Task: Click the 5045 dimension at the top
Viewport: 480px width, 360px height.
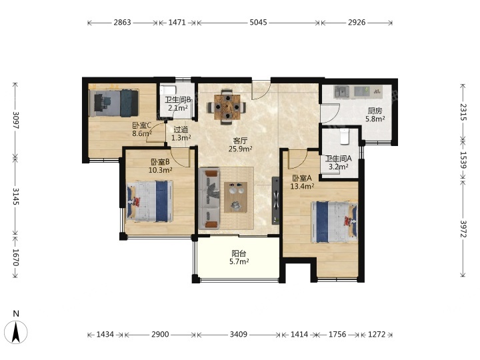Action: [258, 23]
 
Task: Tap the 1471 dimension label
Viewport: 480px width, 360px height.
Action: [177, 23]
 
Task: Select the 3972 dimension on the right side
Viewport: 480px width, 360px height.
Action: [463, 229]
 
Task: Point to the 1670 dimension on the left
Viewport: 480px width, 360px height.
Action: [15, 257]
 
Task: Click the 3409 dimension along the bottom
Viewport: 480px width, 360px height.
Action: [239, 334]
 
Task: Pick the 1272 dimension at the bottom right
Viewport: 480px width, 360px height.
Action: [376, 334]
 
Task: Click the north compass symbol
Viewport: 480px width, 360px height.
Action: [16, 329]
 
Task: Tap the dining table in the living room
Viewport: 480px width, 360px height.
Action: [227, 107]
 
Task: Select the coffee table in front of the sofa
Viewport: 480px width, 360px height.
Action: [236, 197]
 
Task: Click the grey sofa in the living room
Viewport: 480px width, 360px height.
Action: [209, 199]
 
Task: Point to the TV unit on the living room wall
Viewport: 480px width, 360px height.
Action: [276, 201]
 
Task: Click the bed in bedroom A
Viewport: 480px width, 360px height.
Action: [334, 222]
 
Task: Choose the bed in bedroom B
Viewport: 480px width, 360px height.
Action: [150, 201]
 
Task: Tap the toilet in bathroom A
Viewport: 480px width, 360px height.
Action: [345, 136]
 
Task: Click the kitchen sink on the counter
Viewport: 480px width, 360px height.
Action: [341, 92]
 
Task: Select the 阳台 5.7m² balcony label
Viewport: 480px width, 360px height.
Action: [239, 257]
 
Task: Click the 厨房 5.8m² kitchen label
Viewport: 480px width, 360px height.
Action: [375, 115]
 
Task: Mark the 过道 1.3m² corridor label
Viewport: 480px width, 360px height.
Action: [181, 134]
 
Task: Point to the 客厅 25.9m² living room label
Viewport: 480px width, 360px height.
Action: [240, 145]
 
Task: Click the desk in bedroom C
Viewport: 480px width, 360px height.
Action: [99, 102]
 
